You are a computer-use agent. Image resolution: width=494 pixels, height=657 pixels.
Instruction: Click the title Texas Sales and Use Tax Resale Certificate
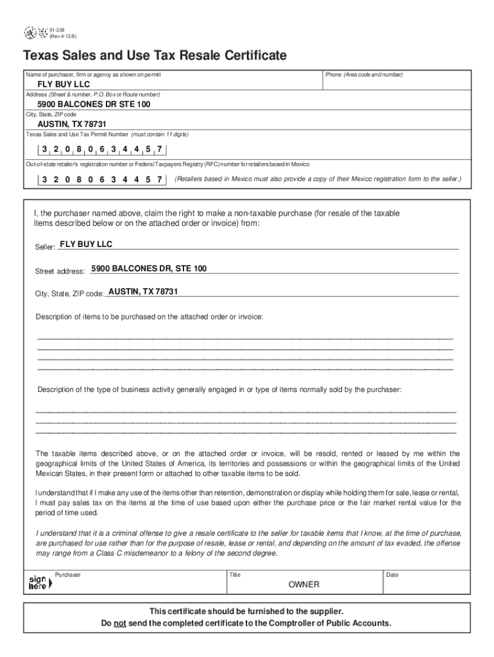[x=155, y=56]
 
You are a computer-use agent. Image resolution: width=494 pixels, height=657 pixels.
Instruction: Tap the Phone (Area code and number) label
[x=364, y=75]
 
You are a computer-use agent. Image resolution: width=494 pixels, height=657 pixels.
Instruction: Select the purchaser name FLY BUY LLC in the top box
[x=64, y=85]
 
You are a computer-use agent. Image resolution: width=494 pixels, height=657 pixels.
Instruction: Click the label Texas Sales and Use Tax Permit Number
[x=77, y=134]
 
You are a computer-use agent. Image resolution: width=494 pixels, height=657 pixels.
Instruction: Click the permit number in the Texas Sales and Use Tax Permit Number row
[x=102, y=150]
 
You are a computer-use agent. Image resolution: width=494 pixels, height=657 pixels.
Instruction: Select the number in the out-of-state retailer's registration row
[x=102, y=180]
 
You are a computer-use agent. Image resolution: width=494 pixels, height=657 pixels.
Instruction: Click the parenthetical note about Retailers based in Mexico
[x=318, y=179]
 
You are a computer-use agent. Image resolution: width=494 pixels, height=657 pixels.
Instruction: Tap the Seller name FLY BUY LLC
[x=85, y=244]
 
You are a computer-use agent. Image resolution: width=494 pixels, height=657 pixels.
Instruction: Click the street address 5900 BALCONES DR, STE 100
[x=149, y=269]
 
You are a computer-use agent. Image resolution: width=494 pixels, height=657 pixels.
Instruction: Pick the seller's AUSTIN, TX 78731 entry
[x=143, y=292]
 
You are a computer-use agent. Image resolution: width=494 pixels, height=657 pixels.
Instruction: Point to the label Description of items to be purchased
[x=149, y=317]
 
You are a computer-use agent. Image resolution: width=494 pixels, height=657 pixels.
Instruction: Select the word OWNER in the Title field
[x=303, y=585]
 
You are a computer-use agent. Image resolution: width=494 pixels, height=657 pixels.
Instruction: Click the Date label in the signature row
[x=392, y=575]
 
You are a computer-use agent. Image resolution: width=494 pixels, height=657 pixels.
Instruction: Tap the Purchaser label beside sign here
[x=68, y=575]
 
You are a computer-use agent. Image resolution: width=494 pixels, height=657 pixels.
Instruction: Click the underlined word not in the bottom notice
[x=119, y=623]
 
